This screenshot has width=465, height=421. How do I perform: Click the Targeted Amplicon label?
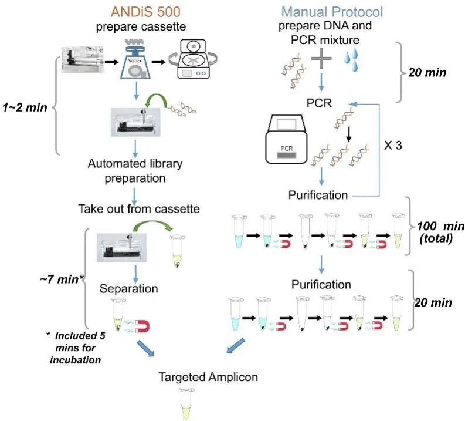click(208, 376)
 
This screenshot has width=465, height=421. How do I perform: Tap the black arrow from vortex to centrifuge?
click(158, 60)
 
